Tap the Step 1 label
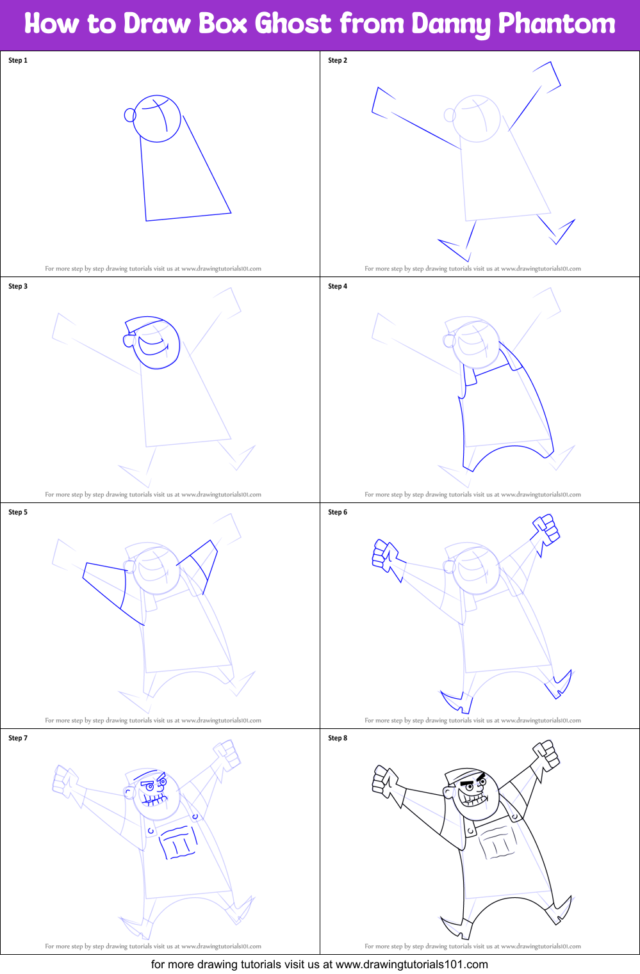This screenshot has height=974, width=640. tap(18, 60)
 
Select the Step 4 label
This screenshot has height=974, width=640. tap(338, 286)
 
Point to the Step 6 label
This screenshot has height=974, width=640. tap(338, 512)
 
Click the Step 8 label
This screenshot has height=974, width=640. tap(338, 738)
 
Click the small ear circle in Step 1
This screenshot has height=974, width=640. tap(130, 115)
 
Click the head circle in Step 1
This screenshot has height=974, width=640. tap(157, 119)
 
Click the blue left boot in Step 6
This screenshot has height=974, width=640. tap(456, 703)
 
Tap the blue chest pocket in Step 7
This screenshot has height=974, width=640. tap(178, 842)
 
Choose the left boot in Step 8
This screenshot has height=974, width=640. tap(456, 929)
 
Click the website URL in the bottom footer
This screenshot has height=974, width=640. tap(411, 964)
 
